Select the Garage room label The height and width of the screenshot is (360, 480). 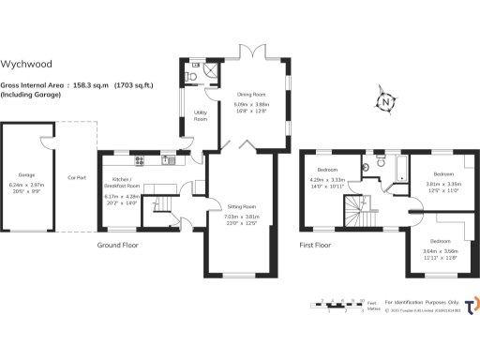click(x=26, y=174)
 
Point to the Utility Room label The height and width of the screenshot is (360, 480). click(x=200, y=116)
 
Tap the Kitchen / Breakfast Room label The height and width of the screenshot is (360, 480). click(x=127, y=184)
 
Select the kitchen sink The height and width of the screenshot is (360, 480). click(x=167, y=159)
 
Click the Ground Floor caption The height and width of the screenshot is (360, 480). click(x=119, y=246)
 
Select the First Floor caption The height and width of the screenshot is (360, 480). click(x=317, y=246)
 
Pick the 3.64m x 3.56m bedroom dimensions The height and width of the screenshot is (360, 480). click(x=440, y=252)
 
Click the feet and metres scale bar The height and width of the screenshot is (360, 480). click(x=342, y=305)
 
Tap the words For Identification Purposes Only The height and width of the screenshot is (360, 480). click(x=426, y=302)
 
